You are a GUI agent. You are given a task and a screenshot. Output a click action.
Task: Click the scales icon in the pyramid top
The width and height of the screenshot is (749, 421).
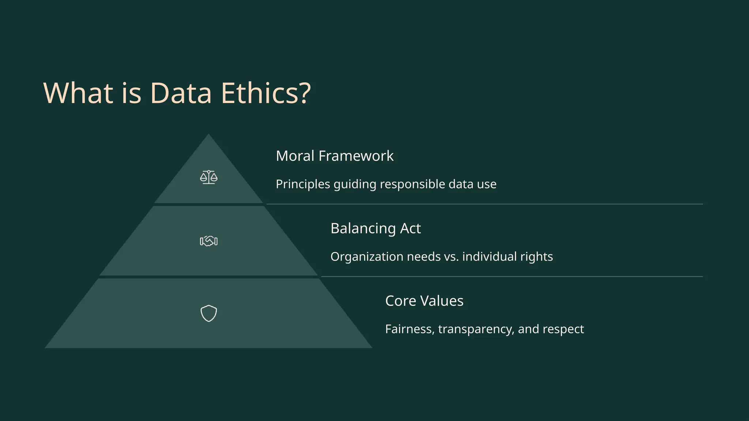pos(208,177)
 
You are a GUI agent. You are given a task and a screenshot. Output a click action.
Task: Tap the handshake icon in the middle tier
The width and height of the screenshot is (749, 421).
pos(208,241)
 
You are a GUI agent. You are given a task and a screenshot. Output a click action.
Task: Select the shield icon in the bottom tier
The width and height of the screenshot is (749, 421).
pos(208,313)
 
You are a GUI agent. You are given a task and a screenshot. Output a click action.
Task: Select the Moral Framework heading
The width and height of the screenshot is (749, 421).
pos(334,156)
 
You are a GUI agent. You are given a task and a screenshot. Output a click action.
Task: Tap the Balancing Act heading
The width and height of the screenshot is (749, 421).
pos(375,228)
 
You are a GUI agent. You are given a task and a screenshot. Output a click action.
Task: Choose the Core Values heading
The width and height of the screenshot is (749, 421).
pos(424,301)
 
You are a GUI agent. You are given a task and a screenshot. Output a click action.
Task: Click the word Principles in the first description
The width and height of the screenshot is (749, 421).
pos(303,184)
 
